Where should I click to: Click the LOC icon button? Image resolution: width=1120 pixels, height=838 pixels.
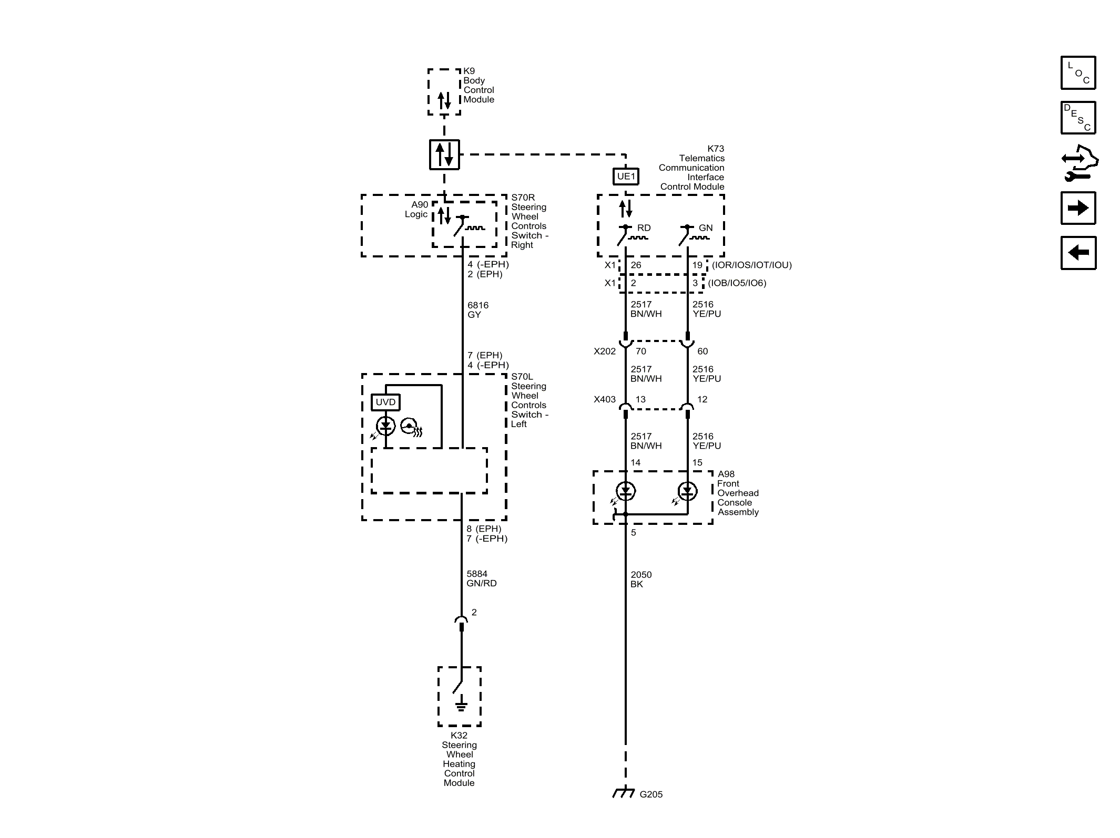pos(1078,73)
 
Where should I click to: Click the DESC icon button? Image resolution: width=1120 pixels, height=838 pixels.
pos(1078,118)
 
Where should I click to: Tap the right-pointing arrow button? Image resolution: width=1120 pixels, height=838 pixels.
pos(1078,208)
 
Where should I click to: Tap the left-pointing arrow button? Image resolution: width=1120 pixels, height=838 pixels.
pos(1078,253)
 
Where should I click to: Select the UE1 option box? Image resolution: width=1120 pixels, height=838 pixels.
pos(626,176)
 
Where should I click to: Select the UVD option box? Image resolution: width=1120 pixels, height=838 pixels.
pos(385,402)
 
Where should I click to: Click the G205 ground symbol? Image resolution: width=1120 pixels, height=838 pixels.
pos(624,792)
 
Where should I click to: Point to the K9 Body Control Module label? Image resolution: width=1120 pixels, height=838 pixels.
pos(478,85)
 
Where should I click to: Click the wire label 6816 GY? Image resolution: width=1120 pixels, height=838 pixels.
pos(478,310)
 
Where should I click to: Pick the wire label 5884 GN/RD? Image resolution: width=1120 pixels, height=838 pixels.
pos(481,578)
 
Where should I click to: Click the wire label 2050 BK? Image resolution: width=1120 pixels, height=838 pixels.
pos(641,580)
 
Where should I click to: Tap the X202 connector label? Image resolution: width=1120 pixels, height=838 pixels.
pos(605,351)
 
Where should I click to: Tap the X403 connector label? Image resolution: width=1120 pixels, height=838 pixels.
pos(605,399)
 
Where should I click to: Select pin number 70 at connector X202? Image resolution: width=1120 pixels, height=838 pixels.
pos(641,351)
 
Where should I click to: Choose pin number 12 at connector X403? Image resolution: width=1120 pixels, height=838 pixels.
pos(702,399)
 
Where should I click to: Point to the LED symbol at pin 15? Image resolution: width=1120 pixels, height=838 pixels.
pos(687,492)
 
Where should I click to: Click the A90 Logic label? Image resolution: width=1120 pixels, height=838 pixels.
pos(416,209)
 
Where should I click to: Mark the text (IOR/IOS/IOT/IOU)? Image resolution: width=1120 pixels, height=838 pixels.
pos(752,265)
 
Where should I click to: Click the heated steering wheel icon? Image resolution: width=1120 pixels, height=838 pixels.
pos(411,427)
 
